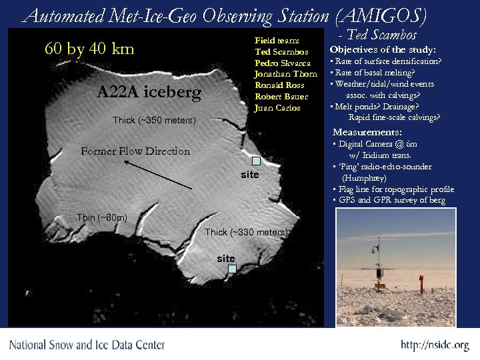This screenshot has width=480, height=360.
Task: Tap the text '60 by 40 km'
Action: (89, 49)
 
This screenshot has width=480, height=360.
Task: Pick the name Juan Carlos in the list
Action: (277, 108)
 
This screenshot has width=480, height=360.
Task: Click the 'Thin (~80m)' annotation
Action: (101, 218)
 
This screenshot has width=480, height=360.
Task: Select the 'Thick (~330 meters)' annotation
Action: (246, 232)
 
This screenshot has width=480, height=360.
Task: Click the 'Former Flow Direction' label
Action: (135, 151)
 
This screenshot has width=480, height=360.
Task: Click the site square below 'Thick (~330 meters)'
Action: (232, 269)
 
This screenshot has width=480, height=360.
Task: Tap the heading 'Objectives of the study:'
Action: (383, 50)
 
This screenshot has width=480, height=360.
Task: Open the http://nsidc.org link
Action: (435, 345)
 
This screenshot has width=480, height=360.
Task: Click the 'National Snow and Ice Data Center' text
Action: (87, 345)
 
